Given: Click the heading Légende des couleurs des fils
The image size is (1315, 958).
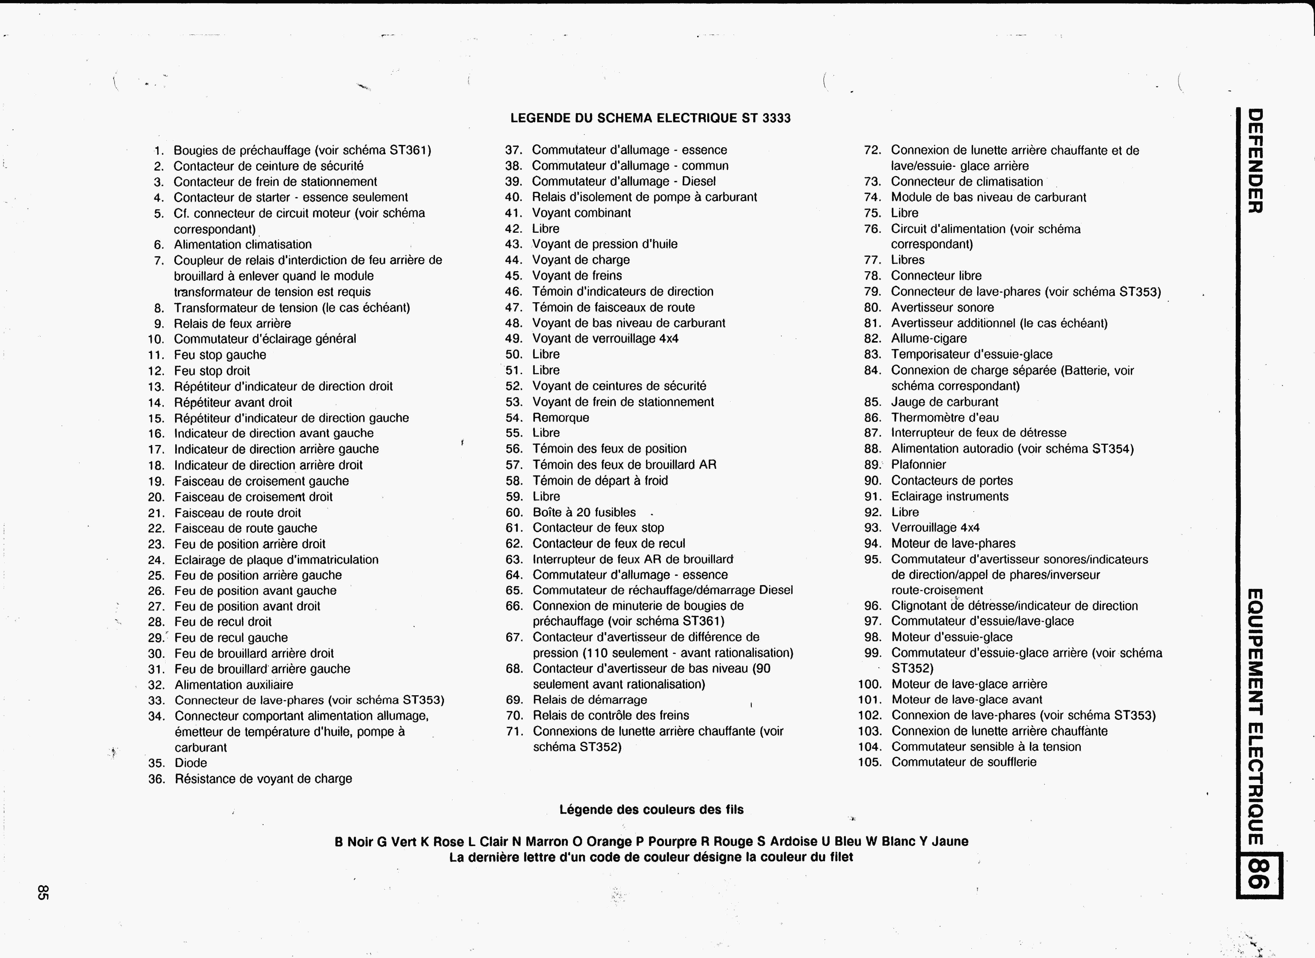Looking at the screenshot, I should coord(651,810).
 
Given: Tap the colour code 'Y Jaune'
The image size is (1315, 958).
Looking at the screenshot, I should coord(943,841).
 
